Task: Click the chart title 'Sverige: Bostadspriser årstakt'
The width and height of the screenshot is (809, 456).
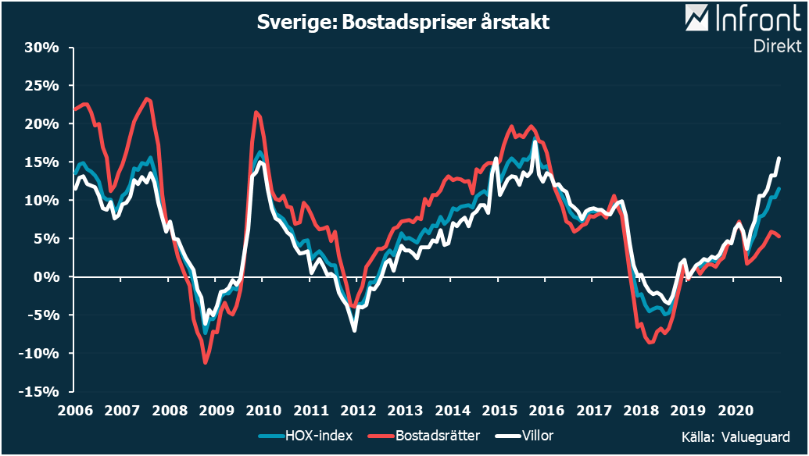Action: tap(403, 23)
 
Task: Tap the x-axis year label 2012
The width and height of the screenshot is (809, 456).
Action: tap(358, 410)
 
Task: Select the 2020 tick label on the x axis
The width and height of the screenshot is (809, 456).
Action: tap(735, 410)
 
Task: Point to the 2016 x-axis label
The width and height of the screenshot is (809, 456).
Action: tap(546, 410)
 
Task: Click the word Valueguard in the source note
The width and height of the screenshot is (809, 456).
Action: tap(755, 437)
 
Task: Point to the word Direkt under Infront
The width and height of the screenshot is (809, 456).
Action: tap(777, 46)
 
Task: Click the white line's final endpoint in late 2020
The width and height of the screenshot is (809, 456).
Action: tap(779, 158)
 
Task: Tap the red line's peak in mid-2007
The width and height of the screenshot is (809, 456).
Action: tap(147, 98)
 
